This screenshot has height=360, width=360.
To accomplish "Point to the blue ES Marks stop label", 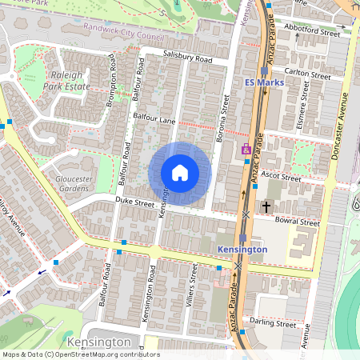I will [x=264, y=82].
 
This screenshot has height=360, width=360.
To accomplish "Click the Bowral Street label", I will [x=297, y=222].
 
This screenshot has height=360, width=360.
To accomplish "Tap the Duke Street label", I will [x=134, y=203].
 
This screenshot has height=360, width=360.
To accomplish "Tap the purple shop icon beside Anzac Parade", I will [x=246, y=150].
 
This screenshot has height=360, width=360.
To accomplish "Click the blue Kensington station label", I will [x=242, y=250].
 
